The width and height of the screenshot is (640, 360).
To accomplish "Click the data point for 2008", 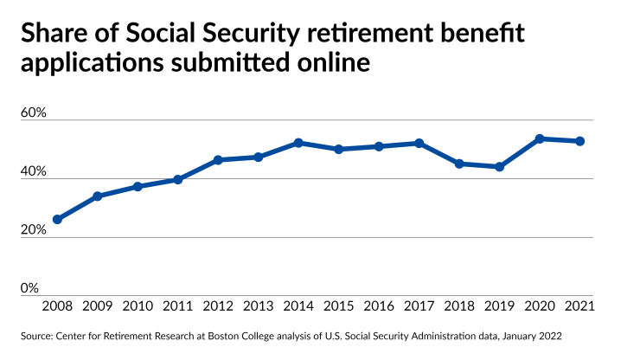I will (x=57, y=220).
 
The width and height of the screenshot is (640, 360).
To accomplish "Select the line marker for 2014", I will (x=298, y=143).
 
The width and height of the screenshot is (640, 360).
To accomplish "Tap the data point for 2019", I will (x=500, y=167).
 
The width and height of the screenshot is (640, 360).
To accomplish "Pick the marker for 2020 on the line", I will (x=540, y=138).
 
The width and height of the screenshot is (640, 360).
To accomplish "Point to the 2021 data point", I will (x=580, y=141).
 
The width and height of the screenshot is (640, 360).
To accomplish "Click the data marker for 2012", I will (x=218, y=160).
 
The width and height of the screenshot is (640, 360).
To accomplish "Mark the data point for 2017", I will (x=419, y=143).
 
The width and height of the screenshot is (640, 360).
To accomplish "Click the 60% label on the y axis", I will (x=33, y=113).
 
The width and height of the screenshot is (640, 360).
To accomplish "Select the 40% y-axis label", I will (x=33, y=171).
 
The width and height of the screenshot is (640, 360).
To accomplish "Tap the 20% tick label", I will (x=33, y=229).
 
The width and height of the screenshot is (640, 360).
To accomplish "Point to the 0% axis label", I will (x=29, y=287).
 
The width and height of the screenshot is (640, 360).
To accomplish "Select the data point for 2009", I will (x=97, y=196).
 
